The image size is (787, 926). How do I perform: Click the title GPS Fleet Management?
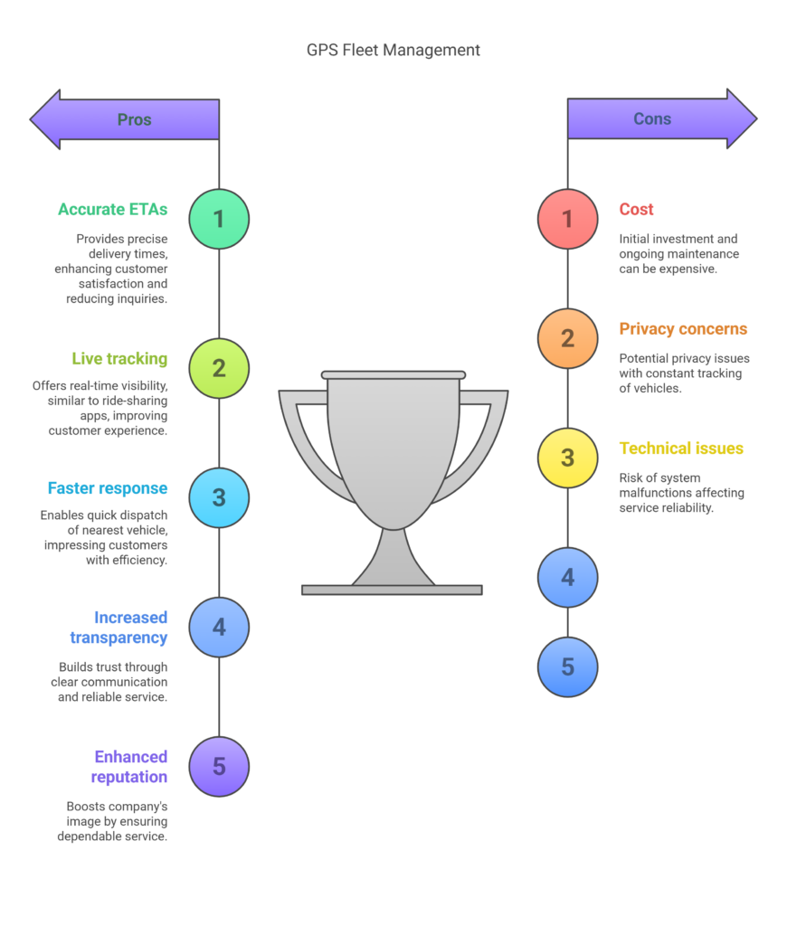point(393,51)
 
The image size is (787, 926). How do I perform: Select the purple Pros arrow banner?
point(125,119)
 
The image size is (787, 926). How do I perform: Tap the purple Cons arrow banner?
point(662,118)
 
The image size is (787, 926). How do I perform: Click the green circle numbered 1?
point(219,219)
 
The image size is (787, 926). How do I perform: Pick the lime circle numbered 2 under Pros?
point(219,369)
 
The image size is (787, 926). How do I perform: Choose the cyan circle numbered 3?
point(219,498)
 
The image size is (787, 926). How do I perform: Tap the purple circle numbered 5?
point(219,767)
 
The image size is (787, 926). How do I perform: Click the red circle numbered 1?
point(567,219)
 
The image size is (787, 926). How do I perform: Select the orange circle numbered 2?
point(567,338)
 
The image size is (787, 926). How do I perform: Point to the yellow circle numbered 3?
point(567,458)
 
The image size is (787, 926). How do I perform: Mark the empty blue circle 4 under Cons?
point(567,577)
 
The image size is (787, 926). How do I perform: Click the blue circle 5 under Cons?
point(567,666)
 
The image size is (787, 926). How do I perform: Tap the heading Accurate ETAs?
point(113,210)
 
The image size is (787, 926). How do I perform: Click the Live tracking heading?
point(119,359)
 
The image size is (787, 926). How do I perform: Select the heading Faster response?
point(108,488)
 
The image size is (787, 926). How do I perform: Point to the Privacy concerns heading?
point(683,329)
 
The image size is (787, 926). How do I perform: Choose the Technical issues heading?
point(681,449)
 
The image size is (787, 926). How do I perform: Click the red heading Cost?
point(636,210)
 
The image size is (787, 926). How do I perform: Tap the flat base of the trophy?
point(392,590)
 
